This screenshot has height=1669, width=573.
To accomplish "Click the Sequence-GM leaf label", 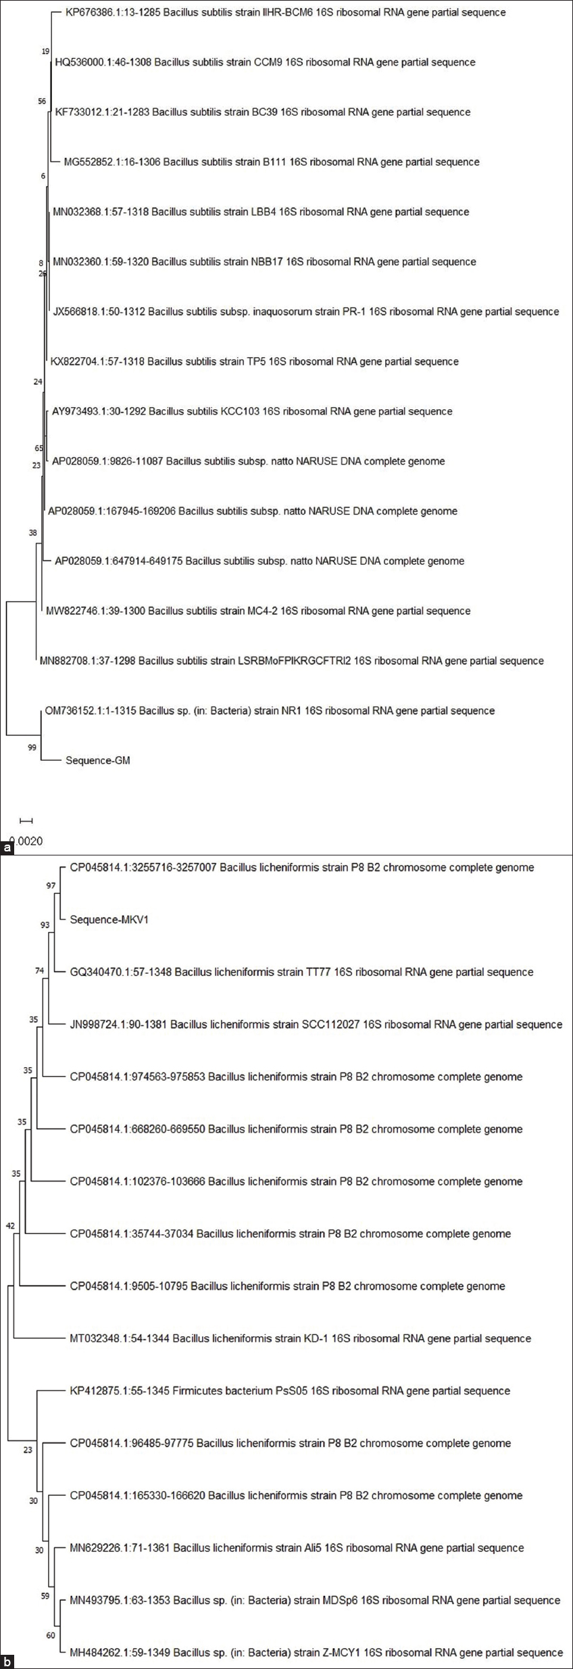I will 97,760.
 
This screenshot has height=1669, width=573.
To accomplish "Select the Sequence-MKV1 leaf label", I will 109,920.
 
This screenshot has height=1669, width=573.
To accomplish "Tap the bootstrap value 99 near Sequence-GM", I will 32,747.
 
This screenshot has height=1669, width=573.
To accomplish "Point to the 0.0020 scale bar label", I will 28,841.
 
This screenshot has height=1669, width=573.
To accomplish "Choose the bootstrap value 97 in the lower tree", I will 51,886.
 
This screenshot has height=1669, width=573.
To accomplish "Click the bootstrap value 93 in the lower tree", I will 45,925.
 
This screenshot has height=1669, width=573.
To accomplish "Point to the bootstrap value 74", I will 39,971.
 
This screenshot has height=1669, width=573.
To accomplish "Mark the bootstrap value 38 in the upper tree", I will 32,533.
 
